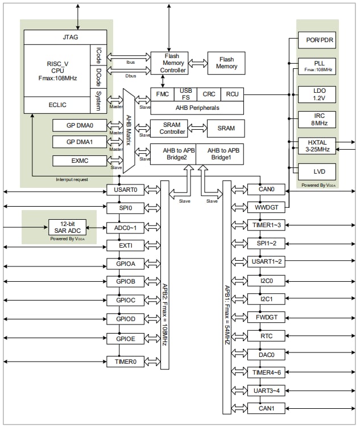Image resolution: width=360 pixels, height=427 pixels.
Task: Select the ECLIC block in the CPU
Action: coord(57,105)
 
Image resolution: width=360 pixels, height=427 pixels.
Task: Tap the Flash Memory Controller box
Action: coord(169,63)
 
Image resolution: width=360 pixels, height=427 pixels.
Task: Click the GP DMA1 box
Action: coord(79,141)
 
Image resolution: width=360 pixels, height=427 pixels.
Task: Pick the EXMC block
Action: coord(79,161)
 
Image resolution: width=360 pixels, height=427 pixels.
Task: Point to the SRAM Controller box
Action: coord(169,128)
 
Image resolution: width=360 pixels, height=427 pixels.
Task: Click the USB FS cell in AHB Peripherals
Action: coord(186,93)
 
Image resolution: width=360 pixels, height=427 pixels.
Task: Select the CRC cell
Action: coord(209,93)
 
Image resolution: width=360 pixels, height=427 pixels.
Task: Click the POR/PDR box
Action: coord(317,40)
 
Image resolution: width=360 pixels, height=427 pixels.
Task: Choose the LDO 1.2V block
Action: coord(317,93)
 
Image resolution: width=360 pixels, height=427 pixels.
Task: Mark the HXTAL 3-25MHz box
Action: coord(317,145)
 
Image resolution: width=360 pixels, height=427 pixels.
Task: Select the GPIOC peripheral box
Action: coord(125,300)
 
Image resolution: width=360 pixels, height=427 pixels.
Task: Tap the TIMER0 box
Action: coord(125,361)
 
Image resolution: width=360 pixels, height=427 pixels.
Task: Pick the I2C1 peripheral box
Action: coord(266,299)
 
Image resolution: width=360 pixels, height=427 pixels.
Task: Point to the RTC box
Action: coord(266,336)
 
